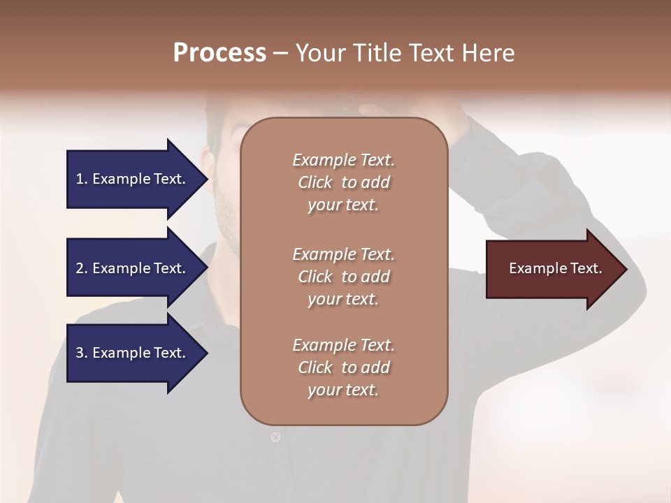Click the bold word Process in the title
click(219, 52)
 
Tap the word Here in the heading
click(487, 52)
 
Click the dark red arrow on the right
click(549, 269)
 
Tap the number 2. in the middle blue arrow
click(81, 268)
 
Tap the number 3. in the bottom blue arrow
click(81, 353)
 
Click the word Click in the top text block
click(315, 182)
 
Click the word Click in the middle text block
click(315, 277)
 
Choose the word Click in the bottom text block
click(315, 367)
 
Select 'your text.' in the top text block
click(343, 205)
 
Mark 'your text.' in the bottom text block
click(343, 390)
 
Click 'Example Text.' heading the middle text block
click(343, 254)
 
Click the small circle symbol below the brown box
click(275, 437)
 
